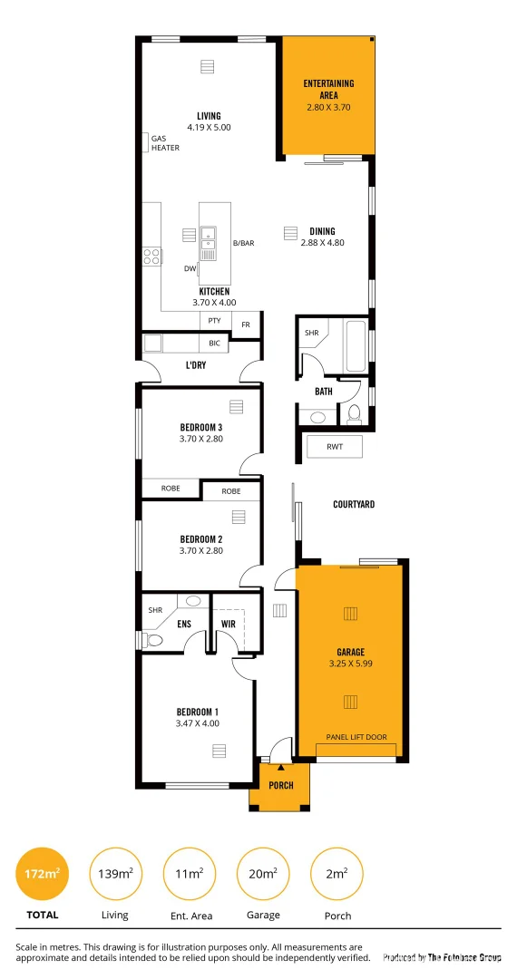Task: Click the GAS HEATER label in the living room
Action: (164, 143)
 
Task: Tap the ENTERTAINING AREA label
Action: (328, 89)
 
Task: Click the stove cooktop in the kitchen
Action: (151, 256)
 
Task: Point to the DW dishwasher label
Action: (190, 268)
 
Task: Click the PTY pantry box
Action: (214, 321)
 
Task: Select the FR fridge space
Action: (246, 324)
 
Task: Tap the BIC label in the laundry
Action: (214, 344)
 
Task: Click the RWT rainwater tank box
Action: (333, 446)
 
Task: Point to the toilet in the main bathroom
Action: (355, 413)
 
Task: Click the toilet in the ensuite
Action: (153, 640)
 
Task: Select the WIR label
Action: (229, 624)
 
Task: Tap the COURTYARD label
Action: (353, 504)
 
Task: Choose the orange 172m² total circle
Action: (43, 874)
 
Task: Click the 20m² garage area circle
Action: (263, 874)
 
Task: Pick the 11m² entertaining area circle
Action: (189, 874)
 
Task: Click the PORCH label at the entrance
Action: (281, 785)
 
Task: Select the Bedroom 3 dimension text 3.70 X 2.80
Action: (200, 439)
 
